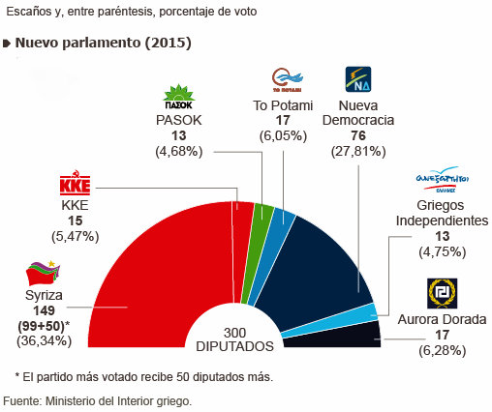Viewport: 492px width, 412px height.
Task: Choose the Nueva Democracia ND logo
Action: tap(357, 78)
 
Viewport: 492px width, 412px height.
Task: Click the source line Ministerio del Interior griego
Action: tap(97, 399)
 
